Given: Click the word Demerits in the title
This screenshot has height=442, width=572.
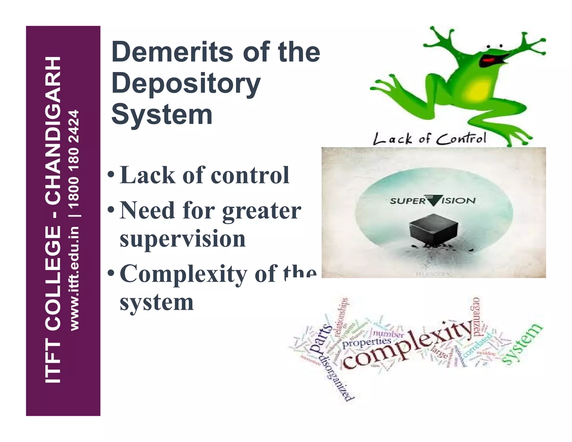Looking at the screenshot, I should pos(172,52).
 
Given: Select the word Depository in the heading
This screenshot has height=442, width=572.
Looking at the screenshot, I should pos(186,84).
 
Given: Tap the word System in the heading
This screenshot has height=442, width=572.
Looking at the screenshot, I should pos(162,115).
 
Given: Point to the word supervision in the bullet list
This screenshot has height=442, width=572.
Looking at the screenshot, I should pos(183,239).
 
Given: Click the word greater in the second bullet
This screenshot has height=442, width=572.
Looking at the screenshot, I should pos(261,211).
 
